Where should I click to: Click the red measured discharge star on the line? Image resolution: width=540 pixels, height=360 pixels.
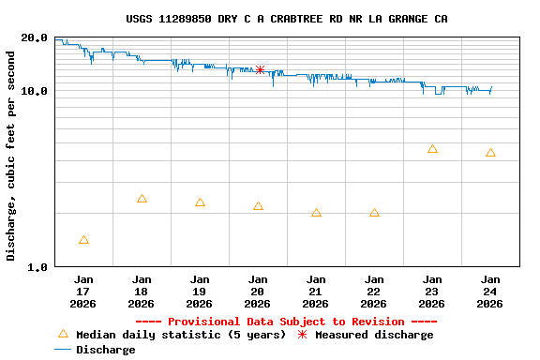(x=260, y=70)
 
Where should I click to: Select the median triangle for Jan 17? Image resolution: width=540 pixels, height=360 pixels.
(x=83, y=240)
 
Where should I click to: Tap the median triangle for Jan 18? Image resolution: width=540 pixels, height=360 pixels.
(x=142, y=199)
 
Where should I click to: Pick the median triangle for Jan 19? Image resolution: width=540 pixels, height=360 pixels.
(x=200, y=202)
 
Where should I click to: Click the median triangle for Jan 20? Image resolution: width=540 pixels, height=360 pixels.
(x=258, y=206)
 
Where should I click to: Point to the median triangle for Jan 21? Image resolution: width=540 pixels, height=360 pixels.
(x=316, y=213)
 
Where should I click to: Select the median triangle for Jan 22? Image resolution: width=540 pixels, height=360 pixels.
(x=374, y=213)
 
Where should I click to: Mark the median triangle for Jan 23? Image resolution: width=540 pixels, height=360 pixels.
(x=432, y=149)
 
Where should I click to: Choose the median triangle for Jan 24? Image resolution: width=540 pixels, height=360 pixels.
(x=490, y=153)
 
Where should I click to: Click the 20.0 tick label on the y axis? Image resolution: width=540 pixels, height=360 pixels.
(x=35, y=38)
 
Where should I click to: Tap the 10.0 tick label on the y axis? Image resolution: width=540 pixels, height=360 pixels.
(x=35, y=91)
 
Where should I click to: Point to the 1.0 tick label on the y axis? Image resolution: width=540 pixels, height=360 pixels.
(x=37, y=267)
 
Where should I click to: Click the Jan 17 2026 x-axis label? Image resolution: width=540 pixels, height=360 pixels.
(x=83, y=291)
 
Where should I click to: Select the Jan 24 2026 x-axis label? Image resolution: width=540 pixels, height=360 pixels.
(x=490, y=291)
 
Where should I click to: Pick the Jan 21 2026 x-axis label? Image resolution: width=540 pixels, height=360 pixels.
(x=316, y=291)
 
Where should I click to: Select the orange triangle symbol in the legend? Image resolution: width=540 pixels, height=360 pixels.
(x=63, y=334)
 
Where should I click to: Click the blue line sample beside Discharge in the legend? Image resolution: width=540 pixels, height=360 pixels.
(x=63, y=350)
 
